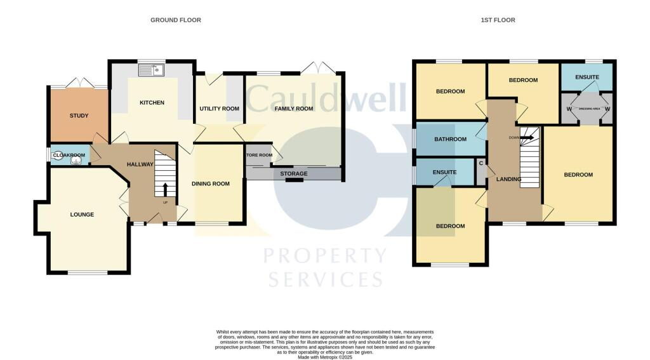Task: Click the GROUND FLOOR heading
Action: [x=175, y=20]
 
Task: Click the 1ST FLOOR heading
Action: [x=498, y=20]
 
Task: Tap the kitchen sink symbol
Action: [x=152, y=69]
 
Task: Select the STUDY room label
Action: [x=79, y=116]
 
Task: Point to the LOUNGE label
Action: [x=82, y=215]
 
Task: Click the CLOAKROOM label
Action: [x=69, y=155]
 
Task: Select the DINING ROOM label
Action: [x=211, y=184]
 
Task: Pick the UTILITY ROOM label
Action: [x=219, y=109]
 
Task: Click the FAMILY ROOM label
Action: [x=294, y=109]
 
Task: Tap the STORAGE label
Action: [x=293, y=174]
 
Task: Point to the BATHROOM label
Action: [x=451, y=140]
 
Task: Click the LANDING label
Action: [x=508, y=180]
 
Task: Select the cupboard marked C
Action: [x=481, y=164]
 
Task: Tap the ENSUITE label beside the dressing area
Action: [x=587, y=77]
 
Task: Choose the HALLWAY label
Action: [x=140, y=164]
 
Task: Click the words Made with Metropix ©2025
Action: [x=324, y=356]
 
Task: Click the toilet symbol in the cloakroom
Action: [x=78, y=161]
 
